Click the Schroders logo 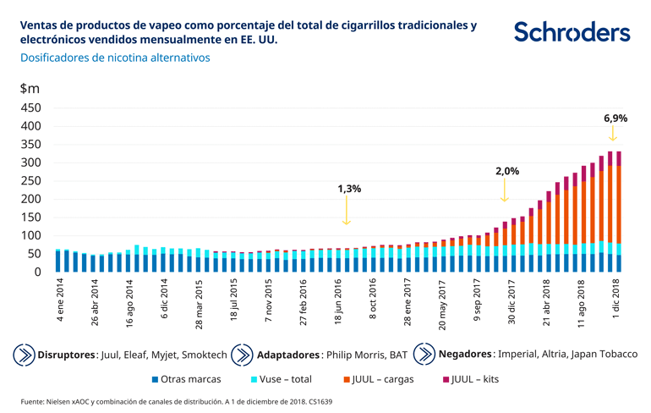click(572, 32)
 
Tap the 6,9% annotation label click(615, 118)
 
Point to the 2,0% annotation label click(506, 171)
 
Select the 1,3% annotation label click(349, 189)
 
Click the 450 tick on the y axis click(30, 108)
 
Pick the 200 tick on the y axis click(30, 199)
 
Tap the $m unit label click(30, 88)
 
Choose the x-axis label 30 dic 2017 click(511, 305)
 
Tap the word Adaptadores click(287, 353)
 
